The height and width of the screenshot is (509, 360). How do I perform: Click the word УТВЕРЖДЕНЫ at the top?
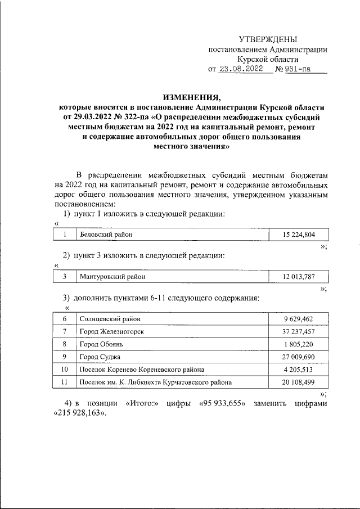[x=268, y=39]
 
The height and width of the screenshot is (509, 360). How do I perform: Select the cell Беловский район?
[x=107, y=234]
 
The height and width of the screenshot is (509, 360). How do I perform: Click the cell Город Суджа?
[x=100, y=357]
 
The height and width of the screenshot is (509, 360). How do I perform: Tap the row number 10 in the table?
[x=65, y=370]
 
